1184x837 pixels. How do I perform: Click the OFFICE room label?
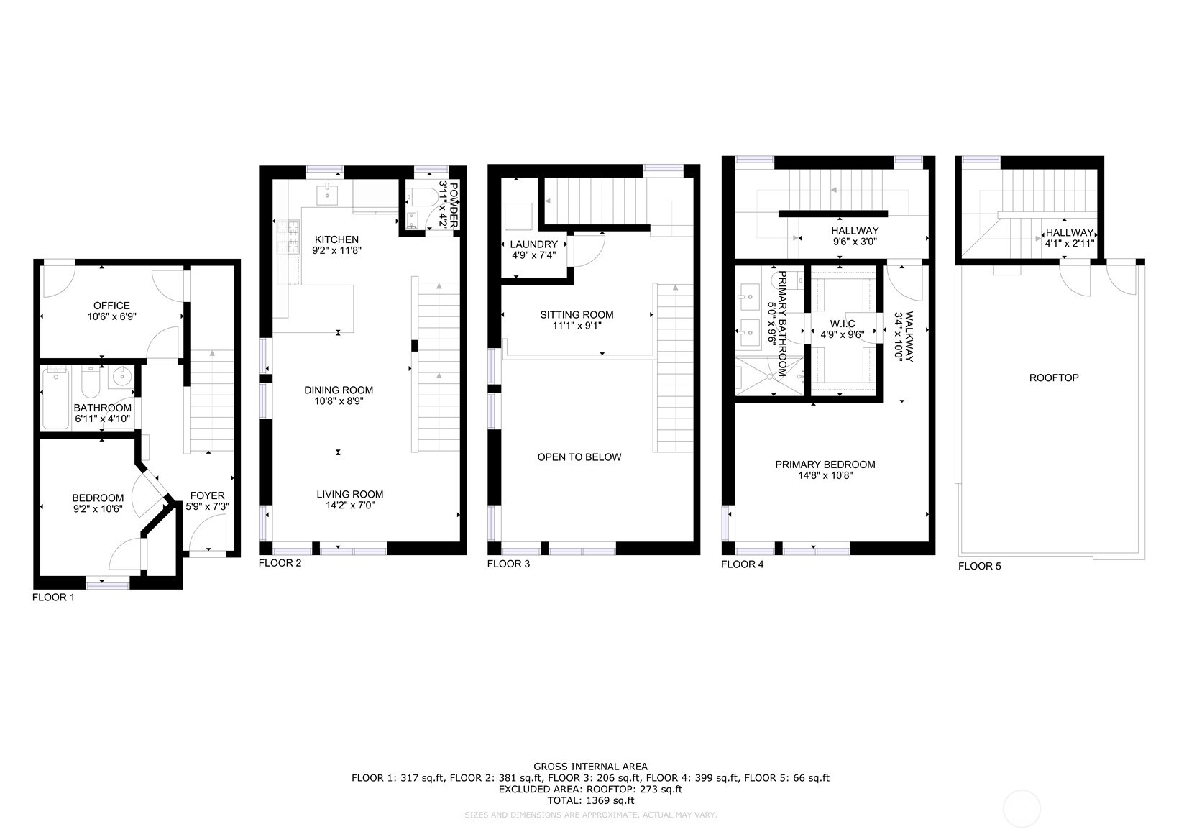(111, 306)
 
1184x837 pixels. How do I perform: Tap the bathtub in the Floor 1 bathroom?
(55, 399)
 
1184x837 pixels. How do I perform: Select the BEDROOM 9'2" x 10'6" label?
(98, 503)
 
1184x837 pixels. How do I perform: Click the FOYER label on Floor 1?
(207, 495)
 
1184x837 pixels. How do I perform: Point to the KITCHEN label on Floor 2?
(336, 239)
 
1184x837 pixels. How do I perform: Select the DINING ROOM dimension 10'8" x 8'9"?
(339, 401)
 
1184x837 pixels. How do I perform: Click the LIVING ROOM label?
(350, 494)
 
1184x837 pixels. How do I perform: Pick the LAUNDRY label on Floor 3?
(533, 244)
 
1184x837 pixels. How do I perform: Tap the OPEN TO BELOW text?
(579, 457)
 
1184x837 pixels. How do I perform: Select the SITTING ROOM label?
(577, 314)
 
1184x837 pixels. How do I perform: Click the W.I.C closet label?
(843, 324)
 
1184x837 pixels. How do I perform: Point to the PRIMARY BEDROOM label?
(825, 465)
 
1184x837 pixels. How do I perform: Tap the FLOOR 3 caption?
(508, 564)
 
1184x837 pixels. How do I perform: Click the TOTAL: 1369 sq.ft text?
(590, 800)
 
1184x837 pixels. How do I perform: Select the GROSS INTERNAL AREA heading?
(590, 767)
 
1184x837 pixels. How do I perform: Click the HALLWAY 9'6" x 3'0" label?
(855, 231)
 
